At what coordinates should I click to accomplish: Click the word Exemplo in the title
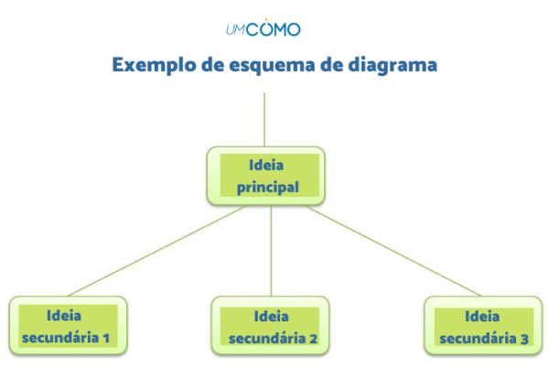pos(151,66)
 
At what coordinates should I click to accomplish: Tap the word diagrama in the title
pos(388,66)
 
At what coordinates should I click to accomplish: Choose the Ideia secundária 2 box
pos(271,327)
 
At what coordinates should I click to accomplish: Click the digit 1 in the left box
pos(107,337)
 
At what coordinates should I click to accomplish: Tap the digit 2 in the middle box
pos(313,337)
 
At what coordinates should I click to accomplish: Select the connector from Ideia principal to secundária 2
pos(271,252)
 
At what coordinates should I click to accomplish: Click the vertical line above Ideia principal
pos(264,119)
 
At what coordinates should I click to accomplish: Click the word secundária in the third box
pos(469,337)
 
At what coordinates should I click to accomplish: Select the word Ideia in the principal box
pos(264,167)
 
